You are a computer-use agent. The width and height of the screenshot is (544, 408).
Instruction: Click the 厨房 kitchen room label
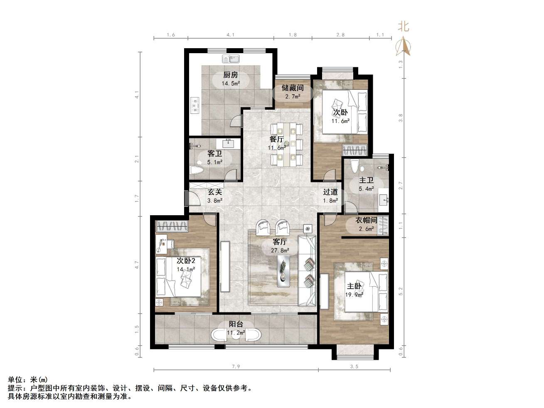tap(230, 75)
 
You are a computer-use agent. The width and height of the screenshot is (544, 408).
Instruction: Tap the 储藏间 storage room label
tap(293, 88)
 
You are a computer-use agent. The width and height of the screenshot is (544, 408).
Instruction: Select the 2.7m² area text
tap(293, 97)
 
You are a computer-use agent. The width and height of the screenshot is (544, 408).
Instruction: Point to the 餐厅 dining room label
tap(277, 139)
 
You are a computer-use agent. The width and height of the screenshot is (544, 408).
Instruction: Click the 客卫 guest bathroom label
tap(214, 154)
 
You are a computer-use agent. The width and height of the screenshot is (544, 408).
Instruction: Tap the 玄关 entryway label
tap(214, 192)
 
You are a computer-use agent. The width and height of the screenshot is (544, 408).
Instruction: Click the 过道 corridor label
tap(330, 192)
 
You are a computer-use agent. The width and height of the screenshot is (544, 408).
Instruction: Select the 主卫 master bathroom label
tap(366, 180)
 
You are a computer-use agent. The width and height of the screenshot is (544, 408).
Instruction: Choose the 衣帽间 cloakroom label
tap(366, 220)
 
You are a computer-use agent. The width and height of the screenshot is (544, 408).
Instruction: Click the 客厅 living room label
tap(280, 242)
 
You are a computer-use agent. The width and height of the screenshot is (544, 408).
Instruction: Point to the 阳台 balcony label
tap(236, 324)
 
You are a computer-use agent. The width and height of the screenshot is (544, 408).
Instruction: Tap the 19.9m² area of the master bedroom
tap(354, 295)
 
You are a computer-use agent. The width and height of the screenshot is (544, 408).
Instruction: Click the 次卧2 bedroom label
tap(186, 261)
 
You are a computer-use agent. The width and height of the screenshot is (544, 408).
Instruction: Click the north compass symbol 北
tap(403, 27)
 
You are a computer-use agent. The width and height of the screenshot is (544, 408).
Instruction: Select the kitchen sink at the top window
tap(232, 59)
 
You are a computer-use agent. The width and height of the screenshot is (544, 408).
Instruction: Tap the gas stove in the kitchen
tap(195, 105)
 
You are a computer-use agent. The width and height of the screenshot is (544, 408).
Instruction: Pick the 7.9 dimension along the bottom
tap(236, 366)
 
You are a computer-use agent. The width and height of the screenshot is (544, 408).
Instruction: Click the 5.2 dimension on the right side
tap(401, 291)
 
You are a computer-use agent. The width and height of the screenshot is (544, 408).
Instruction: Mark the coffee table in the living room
tap(284, 270)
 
